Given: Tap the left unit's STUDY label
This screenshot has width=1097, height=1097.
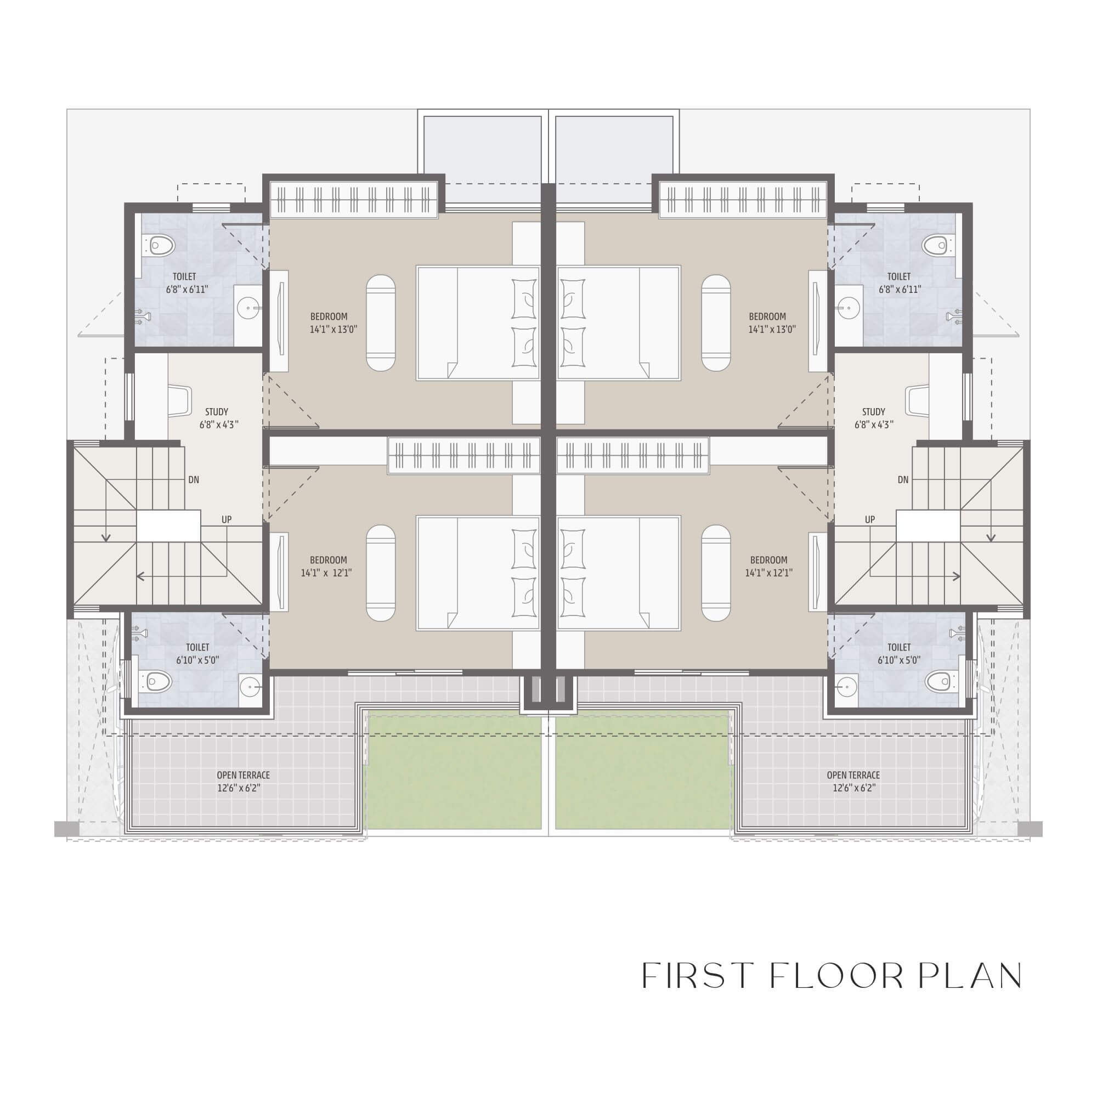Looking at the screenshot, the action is (216, 412).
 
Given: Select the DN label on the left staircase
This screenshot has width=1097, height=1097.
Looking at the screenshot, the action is (194, 480).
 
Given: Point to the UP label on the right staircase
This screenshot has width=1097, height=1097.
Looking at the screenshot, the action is (869, 519).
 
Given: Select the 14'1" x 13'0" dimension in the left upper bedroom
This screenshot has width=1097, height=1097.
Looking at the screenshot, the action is (333, 329).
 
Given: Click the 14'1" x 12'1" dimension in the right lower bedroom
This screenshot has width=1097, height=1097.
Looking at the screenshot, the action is (769, 574).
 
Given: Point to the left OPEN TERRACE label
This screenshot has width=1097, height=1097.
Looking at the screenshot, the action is (243, 775).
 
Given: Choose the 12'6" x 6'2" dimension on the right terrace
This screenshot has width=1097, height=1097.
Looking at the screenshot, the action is (854, 788).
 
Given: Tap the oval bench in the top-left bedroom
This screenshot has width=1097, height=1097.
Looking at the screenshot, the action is (381, 323).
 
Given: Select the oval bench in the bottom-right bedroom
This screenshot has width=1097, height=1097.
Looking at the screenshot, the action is (716, 573).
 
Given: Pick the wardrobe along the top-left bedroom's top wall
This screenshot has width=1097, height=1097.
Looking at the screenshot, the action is (354, 199).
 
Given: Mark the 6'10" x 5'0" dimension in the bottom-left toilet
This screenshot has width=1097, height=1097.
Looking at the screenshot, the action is (197, 660).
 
